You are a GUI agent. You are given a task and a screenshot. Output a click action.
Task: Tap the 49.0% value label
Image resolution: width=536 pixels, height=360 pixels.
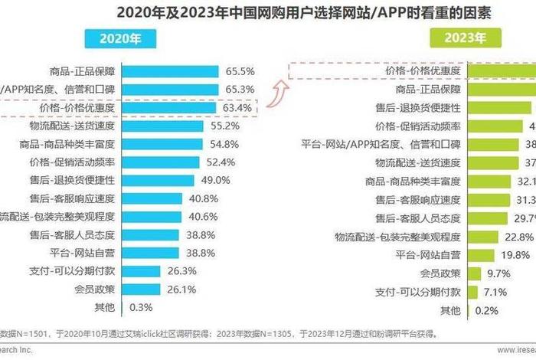click(x=215, y=180)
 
